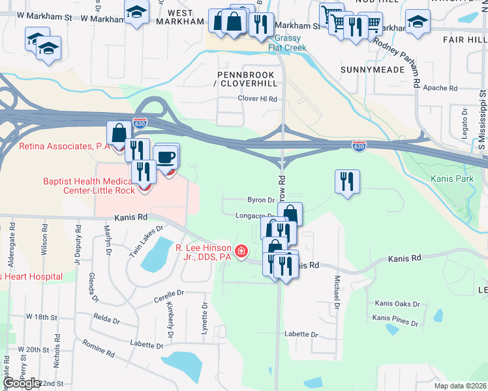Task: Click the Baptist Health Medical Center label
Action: pos(89,186)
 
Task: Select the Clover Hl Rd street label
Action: pos(257,99)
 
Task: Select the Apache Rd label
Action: pos(440,87)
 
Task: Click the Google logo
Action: pos(22,384)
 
